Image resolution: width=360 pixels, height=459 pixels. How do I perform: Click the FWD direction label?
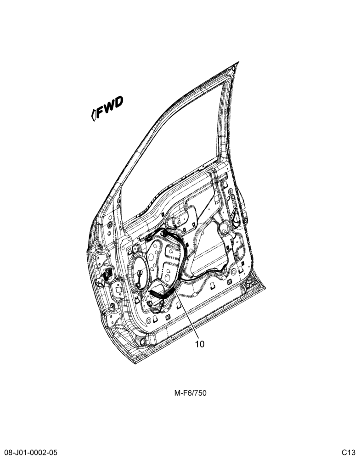click(x=107, y=108)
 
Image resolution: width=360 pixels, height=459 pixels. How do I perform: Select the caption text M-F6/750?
click(x=191, y=393)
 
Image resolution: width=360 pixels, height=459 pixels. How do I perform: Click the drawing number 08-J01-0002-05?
click(x=31, y=453)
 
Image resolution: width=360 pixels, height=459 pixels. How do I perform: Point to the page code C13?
click(x=348, y=453)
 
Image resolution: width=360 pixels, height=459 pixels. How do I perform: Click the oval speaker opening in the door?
click(x=141, y=274)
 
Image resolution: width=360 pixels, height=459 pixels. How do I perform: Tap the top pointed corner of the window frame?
click(x=239, y=62)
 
